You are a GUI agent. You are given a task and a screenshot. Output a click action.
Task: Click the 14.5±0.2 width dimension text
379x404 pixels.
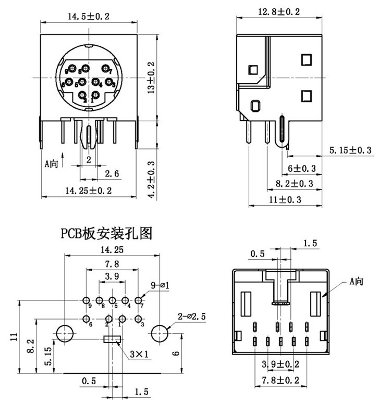[89, 16]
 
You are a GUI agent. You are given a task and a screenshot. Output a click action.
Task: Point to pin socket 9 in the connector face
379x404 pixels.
[71, 69]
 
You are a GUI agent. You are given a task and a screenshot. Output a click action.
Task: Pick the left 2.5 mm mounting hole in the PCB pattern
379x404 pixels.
[65, 333]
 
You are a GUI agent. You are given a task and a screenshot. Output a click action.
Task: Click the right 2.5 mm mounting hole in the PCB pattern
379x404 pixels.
[161, 333]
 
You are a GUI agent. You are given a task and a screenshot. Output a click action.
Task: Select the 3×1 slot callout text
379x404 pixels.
[139, 355]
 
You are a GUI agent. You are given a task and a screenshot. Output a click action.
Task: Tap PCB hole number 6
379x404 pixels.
[86, 319]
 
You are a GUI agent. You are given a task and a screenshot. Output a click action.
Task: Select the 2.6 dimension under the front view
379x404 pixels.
[112, 173]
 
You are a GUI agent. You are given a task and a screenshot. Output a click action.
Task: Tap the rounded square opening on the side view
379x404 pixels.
[255, 106]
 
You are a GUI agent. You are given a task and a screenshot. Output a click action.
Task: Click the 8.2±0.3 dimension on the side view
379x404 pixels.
[292, 183]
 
